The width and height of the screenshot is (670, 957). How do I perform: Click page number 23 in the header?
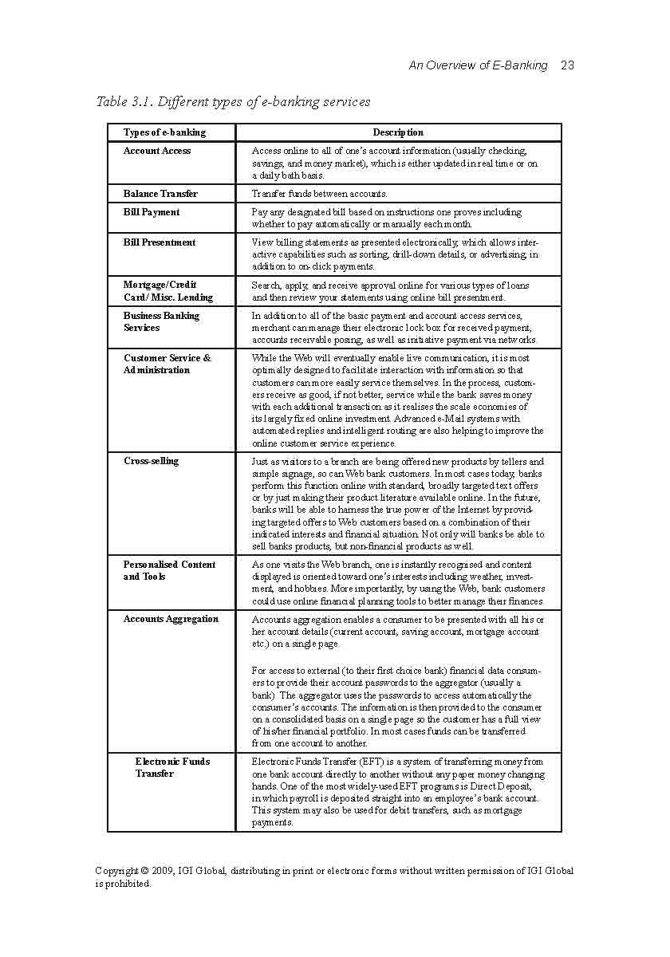tap(567, 65)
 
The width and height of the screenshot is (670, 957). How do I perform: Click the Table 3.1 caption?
tap(233, 101)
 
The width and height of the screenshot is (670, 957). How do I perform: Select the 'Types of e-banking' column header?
tap(164, 132)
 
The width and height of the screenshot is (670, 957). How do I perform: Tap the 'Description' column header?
tap(398, 132)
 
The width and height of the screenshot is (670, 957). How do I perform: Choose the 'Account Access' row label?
tap(157, 151)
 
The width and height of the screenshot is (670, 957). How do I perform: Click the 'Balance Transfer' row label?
tap(160, 194)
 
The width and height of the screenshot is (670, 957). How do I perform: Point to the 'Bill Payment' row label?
tap(152, 212)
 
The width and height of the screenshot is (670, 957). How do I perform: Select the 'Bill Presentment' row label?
tap(160, 242)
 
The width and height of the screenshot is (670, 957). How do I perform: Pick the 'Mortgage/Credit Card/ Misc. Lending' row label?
tap(168, 291)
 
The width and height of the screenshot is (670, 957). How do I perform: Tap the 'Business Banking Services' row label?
tap(161, 321)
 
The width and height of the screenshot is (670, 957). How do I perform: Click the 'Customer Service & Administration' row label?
tap(167, 364)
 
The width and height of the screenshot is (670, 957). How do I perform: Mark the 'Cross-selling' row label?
tap(152, 461)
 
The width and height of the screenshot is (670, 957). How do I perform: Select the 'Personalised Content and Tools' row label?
tap(169, 570)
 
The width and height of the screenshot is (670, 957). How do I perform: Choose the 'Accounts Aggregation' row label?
tap(171, 619)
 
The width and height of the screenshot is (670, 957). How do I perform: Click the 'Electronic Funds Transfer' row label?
tap(172, 767)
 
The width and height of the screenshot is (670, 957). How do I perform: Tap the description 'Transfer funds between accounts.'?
tap(319, 194)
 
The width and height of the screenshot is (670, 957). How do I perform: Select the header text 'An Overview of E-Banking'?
tap(478, 65)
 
